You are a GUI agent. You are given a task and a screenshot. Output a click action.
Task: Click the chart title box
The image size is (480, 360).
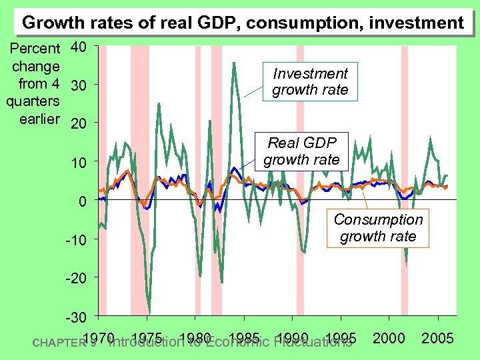(242, 23)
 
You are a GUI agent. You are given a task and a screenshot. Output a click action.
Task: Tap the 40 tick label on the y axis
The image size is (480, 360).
(79, 48)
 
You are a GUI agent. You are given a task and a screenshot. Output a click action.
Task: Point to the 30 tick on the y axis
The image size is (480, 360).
(79, 86)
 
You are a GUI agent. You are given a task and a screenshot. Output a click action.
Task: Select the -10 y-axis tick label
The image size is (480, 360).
(75, 239)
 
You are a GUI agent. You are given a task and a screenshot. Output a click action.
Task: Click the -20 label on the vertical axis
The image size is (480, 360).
(75, 277)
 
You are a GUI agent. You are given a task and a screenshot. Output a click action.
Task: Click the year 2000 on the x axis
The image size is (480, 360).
(390, 338)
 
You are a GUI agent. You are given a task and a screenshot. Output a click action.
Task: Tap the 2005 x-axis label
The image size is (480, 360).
(438, 338)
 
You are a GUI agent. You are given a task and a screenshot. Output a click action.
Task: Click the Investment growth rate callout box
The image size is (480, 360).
(310, 82)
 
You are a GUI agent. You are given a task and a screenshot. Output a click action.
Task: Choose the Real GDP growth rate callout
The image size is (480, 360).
(301, 151)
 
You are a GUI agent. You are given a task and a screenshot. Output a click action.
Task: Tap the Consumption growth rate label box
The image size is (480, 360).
(378, 228)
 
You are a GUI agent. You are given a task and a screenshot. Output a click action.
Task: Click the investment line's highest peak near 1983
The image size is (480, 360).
(234, 63)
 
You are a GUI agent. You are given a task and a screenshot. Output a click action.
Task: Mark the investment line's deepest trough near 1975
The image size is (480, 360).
(149, 312)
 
